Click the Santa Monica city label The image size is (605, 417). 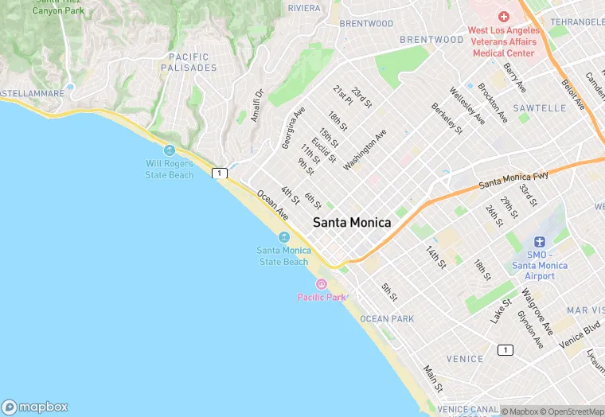(x=352, y=223)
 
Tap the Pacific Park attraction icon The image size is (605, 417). (x=322, y=284)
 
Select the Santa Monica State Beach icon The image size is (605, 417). (x=283, y=237)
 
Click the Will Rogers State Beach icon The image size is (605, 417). (x=169, y=150)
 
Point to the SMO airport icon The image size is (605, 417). (x=540, y=242)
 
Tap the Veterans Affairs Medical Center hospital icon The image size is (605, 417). (x=503, y=17)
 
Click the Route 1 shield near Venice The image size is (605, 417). (x=505, y=350)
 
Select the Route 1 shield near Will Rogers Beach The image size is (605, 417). (x=220, y=173)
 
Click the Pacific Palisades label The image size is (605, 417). (x=189, y=62)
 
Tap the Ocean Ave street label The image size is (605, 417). (x=272, y=205)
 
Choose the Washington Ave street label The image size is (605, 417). (x=365, y=150)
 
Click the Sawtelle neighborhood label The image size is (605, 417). (x=539, y=107)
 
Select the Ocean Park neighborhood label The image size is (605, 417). (x=387, y=318)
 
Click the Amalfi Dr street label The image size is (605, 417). (x=256, y=105)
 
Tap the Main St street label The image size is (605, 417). (x=432, y=378)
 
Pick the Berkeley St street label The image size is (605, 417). (x=447, y=117)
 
